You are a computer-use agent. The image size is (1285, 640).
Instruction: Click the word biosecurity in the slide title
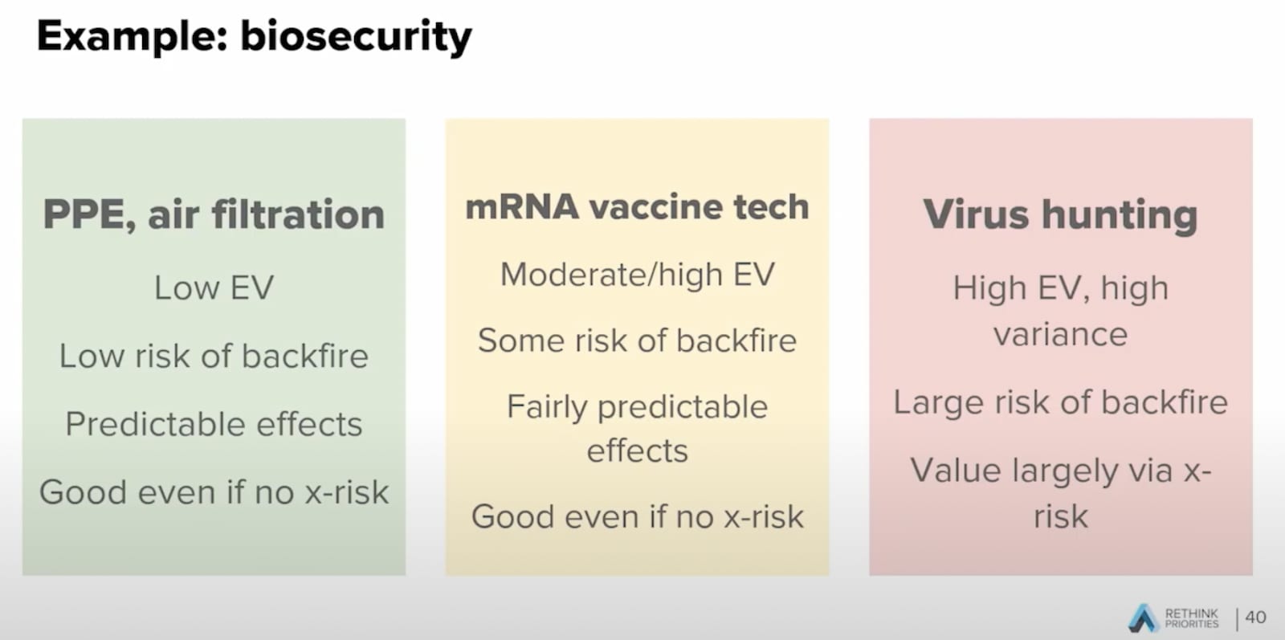[357, 38]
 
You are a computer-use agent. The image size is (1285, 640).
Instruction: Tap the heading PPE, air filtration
[214, 214]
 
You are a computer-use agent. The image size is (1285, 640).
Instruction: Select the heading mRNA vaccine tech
[638, 207]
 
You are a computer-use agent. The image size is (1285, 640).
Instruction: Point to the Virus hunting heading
[1061, 215]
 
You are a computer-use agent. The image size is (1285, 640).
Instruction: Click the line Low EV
[214, 287]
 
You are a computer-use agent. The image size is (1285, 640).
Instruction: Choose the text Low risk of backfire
[214, 356]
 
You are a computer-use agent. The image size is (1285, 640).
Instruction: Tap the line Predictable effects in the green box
[214, 424]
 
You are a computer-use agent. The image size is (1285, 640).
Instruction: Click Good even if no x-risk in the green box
[214, 492]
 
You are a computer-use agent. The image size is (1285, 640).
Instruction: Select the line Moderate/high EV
[638, 275]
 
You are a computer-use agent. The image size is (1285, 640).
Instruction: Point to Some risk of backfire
[638, 340]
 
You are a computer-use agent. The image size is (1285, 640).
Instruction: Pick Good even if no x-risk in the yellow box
[638, 516]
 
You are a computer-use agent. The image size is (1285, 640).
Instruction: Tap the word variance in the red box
[1061, 334]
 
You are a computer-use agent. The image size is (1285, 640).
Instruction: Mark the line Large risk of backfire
[1061, 402]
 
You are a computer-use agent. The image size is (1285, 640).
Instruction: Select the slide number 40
[1256, 617]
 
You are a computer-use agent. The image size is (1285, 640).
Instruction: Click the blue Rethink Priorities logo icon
[1144, 618]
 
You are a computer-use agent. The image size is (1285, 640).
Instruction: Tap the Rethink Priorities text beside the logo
[1192, 618]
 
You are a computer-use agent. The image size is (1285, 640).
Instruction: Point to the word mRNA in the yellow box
[522, 207]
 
